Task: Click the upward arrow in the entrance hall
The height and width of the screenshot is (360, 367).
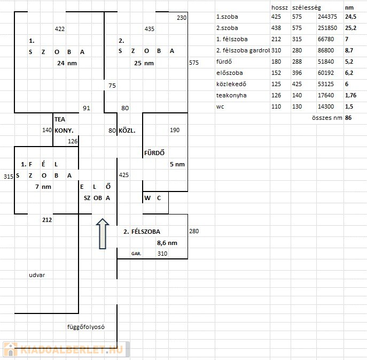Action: click(x=103, y=234)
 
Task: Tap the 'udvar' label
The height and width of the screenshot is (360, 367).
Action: click(x=37, y=275)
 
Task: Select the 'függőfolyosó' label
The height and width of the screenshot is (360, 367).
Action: click(x=86, y=327)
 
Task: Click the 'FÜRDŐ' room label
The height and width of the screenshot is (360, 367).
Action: click(x=154, y=153)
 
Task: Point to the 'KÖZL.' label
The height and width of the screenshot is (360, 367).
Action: click(x=127, y=131)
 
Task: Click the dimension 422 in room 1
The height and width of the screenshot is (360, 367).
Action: click(x=60, y=29)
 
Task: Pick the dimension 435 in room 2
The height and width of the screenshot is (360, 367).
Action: click(x=150, y=29)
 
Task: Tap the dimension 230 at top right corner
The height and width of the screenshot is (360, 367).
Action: click(x=182, y=18)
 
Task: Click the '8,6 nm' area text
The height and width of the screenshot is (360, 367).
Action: click(x=167, y=243)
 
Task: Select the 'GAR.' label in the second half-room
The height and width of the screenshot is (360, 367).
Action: click(x=136, y=254)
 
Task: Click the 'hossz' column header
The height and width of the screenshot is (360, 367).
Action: click(x=279, y=7)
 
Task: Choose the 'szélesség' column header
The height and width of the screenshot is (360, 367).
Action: click(x=307, y=7)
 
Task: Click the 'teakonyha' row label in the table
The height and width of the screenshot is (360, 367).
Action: click(x=231, y=95)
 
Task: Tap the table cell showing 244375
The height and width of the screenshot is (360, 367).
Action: click(x=327, y=17)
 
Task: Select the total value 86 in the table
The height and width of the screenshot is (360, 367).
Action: click(x=348, y=118)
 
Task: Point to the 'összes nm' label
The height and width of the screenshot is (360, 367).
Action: click(x=327, y=118)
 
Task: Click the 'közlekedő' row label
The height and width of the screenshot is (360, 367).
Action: click(x=231, y=84)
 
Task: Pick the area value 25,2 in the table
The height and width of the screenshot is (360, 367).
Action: click(x=350, y=28)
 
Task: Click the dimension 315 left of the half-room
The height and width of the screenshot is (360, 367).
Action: click(x=9, y=177)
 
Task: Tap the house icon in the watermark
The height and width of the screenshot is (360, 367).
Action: click(x=10, y=349)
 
